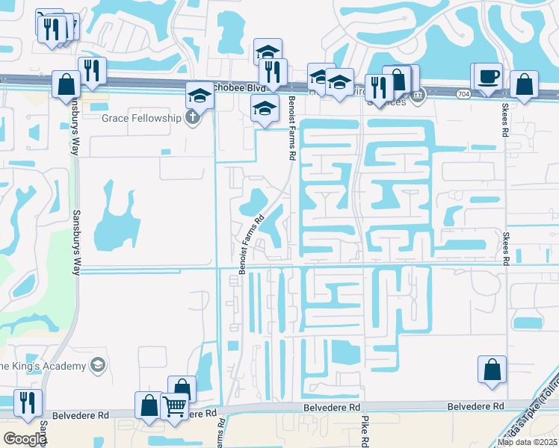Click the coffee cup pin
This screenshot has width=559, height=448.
click(x=488, y=77)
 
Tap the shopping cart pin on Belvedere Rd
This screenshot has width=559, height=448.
click(x=174, y=408)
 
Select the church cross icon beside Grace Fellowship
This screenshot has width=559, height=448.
click(x=193, y=117)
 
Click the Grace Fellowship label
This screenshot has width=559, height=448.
click(x=142, y=118)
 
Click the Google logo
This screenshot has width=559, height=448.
click(x=24, y=439)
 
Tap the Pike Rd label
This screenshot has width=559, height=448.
click(x=365, y=432)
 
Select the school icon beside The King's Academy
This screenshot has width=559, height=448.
click(x=96, y=364)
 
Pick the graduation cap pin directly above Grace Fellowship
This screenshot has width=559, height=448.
click(x=200, y=96)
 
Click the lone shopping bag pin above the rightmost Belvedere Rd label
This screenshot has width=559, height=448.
click(x=492, y=370)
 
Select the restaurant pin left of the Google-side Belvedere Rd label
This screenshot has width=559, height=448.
click(x=28, y=402)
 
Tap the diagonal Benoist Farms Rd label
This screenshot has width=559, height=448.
click(x=252, y=245)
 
